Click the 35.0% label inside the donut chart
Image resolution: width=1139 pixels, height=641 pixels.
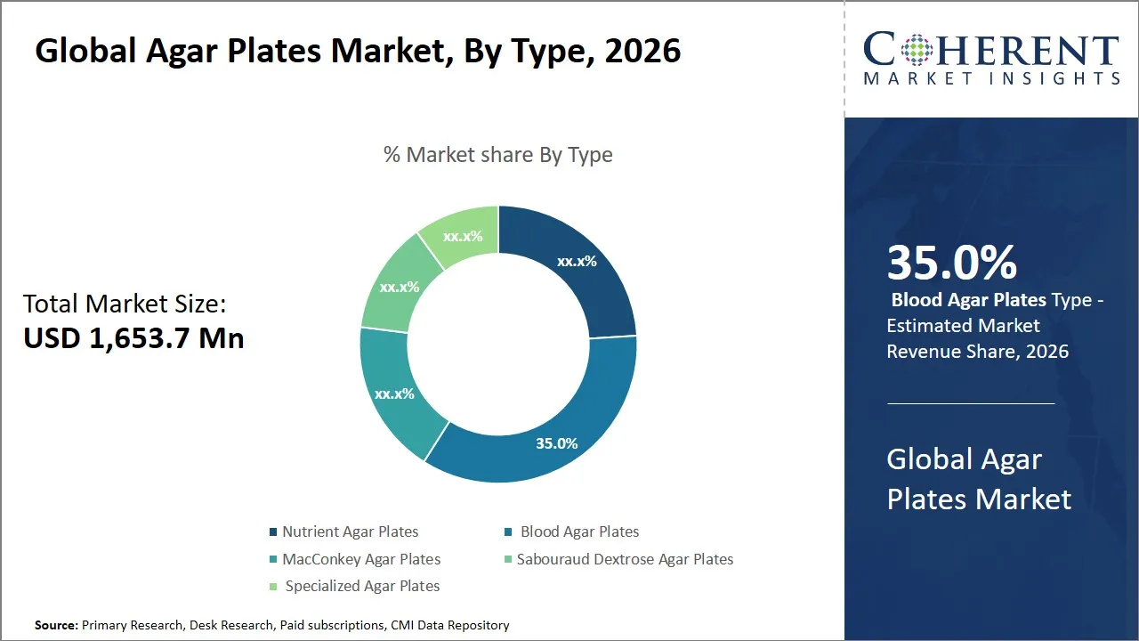(x=556, y=443)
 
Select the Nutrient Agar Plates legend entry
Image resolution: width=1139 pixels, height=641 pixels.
(x=350, y=531)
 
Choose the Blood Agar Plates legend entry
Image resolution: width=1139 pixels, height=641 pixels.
(x=579, y=531)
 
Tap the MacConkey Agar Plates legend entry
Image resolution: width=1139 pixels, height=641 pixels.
(x=360, y=559)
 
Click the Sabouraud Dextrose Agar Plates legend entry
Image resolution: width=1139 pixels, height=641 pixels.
(x=625, y=559)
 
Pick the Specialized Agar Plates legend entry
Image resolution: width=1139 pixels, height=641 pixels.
(x=362, y=586)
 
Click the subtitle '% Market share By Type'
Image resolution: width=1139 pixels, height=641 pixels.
(x=497, y=155)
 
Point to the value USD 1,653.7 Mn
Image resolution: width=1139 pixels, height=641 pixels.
(x=133, y=337)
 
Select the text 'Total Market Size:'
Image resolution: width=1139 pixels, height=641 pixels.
(x=125, y=304)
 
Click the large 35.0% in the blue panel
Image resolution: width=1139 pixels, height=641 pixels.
(x=951, y=264)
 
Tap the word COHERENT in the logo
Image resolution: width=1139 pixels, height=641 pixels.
(x=991, y=51)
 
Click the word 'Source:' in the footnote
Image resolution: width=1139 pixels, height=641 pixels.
(x=56, y=626)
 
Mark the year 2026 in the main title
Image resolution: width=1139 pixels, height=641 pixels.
(x=642, y=51)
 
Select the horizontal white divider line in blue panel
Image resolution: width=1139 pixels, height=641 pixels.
(x=971, y=403)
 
